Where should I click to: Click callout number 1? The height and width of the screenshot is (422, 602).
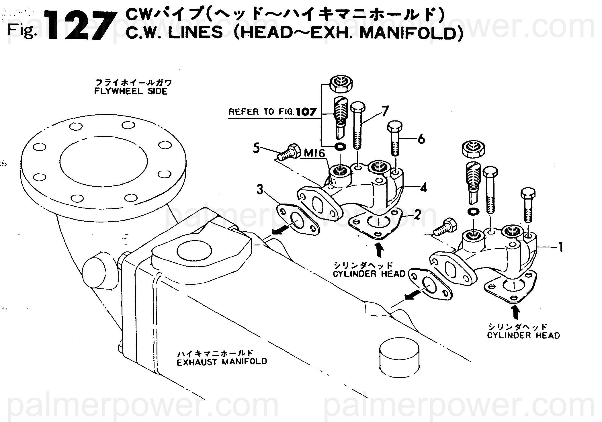(x=561, y=247)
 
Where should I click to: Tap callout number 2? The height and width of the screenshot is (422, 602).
(x=417, y=214)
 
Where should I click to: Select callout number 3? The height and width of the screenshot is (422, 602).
(x=260, y=189)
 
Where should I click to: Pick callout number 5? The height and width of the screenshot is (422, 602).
(x=256, y=148)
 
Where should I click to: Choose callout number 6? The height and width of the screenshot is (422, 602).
(x=421, y=140)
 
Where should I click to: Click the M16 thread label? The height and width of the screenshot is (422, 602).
(x=314, y=154)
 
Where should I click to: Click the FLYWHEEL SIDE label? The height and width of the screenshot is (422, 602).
(x=131, y=91)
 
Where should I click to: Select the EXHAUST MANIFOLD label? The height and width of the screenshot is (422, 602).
(x=222, y=362)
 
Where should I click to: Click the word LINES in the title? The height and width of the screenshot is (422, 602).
(x=195, y=33)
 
